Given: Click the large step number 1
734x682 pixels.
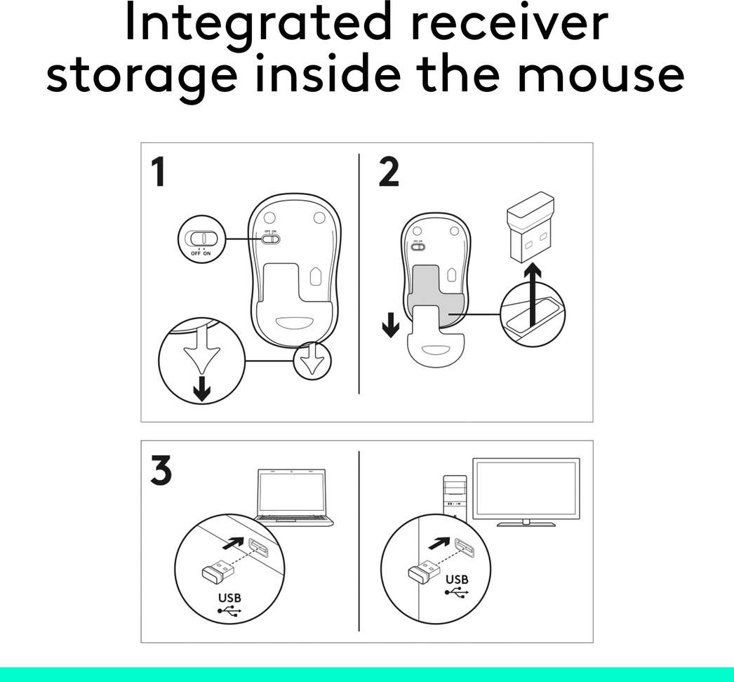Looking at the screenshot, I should (x=159, y=173).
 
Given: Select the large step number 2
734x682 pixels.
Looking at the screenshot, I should (x=388, y=173).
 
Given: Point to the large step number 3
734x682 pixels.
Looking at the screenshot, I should (x=161, y=472).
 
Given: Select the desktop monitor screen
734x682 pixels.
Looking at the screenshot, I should (x=526, y=488).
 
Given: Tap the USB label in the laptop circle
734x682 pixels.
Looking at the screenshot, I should (x=229, y=599).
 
